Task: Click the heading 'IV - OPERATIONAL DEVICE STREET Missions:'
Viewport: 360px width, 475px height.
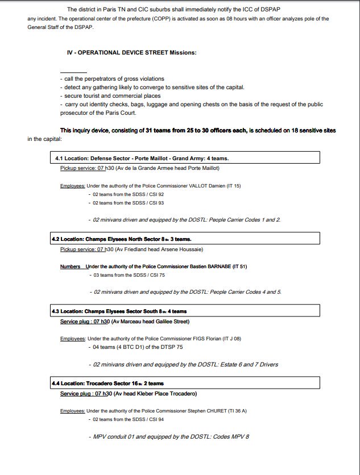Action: click(x=131, y=53)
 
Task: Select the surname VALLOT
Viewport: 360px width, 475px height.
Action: click(x=198, y=186)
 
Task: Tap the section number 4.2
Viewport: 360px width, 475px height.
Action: click(x=56, y=239)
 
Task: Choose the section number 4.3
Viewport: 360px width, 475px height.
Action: click(x=56, y=311)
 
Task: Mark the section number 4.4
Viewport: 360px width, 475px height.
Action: click(x=56, y=384)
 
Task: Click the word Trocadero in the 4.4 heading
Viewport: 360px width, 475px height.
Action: click(x=102, y=384)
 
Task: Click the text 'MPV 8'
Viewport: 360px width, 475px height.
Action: click(x=239, y=436)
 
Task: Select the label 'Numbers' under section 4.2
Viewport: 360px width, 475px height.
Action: click(x=71, y=266)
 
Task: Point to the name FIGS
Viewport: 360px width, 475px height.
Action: click(x=195, y=339)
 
